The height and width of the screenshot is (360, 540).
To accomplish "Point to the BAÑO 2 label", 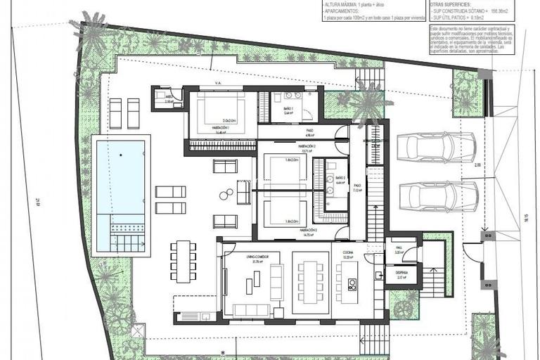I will pos(340,179).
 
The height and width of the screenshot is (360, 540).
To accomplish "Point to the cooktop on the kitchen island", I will pos(352,284).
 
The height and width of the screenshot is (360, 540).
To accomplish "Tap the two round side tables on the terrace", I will pos(226,194).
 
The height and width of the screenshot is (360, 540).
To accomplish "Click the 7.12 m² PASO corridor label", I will pos(357,188).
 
